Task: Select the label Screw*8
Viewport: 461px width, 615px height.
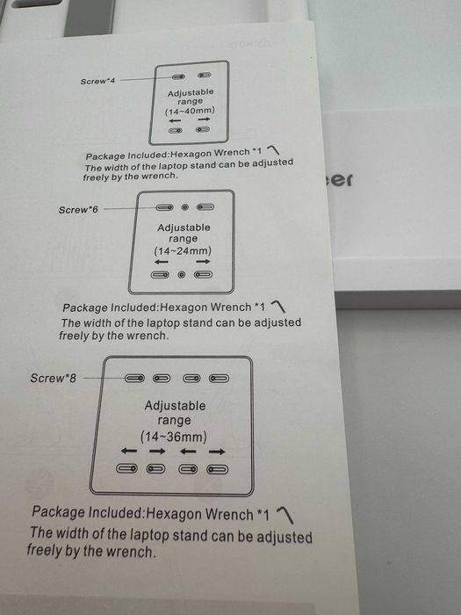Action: [54, 378]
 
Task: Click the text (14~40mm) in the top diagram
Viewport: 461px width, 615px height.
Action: [189, 112]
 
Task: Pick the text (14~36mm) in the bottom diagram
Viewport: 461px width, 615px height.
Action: [174, 436]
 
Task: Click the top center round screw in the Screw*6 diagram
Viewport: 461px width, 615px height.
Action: [184, 208]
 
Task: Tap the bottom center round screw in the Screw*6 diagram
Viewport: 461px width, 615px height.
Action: [182, 275]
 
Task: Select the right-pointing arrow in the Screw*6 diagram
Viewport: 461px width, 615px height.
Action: [204, 262]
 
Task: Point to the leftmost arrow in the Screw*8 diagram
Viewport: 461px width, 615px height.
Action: [129, 452]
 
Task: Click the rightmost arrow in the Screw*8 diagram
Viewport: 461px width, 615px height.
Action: [217, 452]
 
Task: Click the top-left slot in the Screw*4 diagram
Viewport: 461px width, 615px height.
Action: [176, 77]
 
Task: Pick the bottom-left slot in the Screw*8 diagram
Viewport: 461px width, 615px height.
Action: [129, 469]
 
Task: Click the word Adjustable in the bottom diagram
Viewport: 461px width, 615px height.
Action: [175, 406]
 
